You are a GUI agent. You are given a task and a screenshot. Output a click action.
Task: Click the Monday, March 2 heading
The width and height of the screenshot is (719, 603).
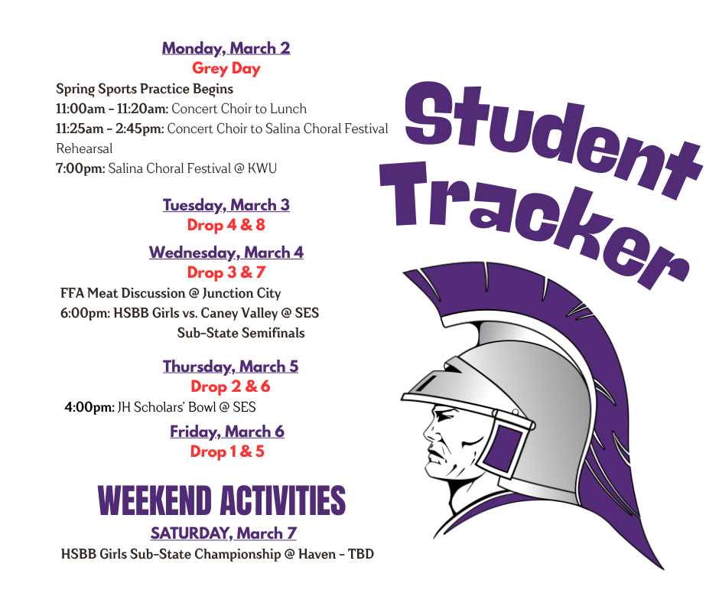point(226,48)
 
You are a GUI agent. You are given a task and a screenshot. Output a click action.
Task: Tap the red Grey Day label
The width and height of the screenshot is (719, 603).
point(226,68)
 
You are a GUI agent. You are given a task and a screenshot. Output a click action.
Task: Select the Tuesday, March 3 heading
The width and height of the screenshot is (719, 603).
point(226,205)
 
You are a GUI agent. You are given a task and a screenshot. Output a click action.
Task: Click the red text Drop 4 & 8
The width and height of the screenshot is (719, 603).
point(226,225)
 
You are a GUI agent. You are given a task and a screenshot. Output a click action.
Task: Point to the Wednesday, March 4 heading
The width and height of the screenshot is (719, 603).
point(226,253)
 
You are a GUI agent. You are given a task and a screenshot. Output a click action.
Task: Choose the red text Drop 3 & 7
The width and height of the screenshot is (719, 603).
point(226,272)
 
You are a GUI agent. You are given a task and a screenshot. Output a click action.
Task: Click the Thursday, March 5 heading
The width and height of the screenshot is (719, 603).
point(230,367)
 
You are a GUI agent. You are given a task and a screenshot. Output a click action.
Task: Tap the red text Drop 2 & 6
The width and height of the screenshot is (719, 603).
point(230,386)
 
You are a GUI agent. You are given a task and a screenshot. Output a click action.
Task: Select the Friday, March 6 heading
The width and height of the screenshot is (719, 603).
point(227,432)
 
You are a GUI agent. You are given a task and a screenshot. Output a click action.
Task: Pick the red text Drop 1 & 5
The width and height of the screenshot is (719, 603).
point(227,451)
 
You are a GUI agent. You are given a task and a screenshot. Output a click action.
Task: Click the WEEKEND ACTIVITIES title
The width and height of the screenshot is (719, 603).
point(222,501)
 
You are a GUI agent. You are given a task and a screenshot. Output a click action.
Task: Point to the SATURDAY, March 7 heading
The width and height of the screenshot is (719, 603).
point(223,533)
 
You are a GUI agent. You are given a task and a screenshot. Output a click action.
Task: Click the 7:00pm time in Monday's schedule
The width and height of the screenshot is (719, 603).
point(80,168)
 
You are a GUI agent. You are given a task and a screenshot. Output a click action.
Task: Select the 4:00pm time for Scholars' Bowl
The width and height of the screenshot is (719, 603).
point(89,407)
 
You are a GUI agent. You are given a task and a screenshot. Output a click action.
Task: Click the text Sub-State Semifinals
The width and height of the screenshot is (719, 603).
point(241,333)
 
